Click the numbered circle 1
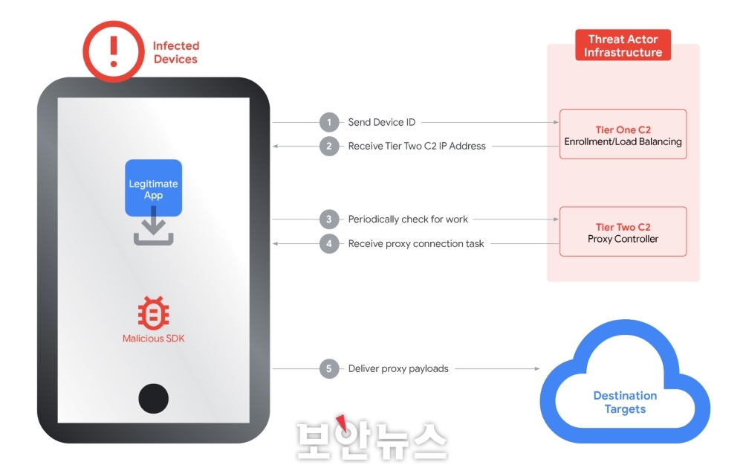pos(329,122)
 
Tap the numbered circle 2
pos(329,146)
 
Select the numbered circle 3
pos(329,220)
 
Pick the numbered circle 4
pos(329,243)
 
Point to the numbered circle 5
pos(329,368)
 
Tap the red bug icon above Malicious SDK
pos(153,314)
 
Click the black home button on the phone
pos(153,398)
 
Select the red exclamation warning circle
pos(113,51)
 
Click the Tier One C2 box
pos(623,135)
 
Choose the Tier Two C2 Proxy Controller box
pos(623,232)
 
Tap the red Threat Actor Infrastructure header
pos(623,45)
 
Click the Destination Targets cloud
pos(625,402)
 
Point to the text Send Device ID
pos(382,122)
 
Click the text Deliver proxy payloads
pos(398,368)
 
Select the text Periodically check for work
pos(408,220)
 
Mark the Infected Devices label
pos(176,52)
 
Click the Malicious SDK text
pos(154,339)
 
